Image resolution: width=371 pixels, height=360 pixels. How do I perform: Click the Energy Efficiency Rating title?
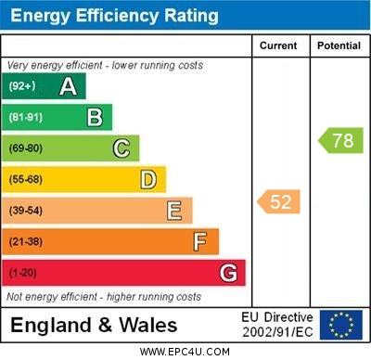[x=114, y=16]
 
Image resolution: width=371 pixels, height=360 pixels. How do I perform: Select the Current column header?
[x=278, y=45]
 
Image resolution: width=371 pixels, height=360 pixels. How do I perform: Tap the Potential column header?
[x=339, y=45]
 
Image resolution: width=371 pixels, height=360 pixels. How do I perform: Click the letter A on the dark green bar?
[x=68, y=86]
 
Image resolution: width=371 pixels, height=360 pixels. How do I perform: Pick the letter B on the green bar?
[x=95, y=117]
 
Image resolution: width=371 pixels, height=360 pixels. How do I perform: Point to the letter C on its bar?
[x=122, y=148]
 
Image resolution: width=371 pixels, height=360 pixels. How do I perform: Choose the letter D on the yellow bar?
[x=148, y=179]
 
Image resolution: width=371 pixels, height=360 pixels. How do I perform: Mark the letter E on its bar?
[x=174, y=211]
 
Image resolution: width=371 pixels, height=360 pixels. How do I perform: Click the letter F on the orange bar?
[x=200, y=241]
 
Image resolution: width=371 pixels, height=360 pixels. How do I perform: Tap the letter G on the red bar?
[x=228, y=273]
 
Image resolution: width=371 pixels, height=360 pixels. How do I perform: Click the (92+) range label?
[x=22, y=86]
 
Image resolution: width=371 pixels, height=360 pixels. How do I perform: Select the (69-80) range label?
[x=26, y=148]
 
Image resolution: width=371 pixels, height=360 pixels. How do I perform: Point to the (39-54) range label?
[x=26, y=211]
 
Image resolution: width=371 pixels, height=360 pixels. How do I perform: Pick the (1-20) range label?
[x=23, y=273]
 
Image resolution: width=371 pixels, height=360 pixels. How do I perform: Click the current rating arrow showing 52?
[x=279, y=201]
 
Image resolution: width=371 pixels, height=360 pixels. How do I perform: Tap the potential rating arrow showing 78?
[x=340, y=141]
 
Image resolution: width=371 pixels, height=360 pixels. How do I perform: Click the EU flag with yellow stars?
[x=341, y=325]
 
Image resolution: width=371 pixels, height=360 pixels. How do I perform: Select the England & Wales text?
[x=94, y=326]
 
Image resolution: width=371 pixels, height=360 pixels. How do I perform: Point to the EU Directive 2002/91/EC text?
[x=277, y=325]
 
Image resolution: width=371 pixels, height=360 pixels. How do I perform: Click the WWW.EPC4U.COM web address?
[x=185, y=352]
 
